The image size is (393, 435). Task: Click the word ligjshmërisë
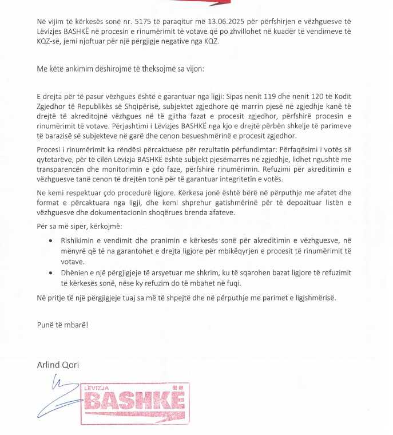[x=308, y=298]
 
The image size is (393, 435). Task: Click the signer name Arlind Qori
[x=59, y=364]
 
